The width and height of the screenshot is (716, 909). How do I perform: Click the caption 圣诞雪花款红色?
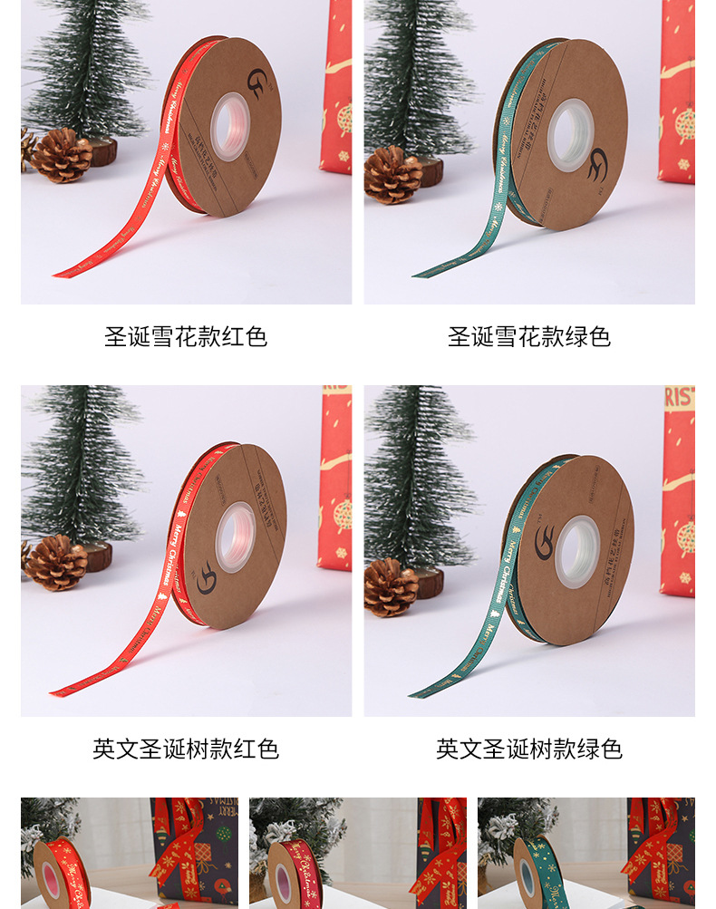pos(186,338)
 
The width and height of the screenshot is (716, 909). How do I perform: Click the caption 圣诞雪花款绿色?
pos(529,338)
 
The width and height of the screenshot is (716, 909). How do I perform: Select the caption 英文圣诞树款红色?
pos(186,749)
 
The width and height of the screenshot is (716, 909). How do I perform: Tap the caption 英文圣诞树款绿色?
pos(529,749)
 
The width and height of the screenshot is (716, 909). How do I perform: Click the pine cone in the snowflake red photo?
pos(62,155)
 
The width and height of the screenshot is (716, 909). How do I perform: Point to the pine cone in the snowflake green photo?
pos(392,174)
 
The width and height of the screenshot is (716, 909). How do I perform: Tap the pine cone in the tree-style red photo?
pos(56,563)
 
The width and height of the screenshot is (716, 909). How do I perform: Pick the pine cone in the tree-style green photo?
pos(391,586)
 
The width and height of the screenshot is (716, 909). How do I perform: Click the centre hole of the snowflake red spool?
pos(230,126)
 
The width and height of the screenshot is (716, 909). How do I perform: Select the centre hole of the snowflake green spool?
pos(570,135)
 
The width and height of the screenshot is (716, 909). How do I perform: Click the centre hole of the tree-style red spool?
pos(235,537)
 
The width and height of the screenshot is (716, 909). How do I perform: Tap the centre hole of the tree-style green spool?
pos(576,551)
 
